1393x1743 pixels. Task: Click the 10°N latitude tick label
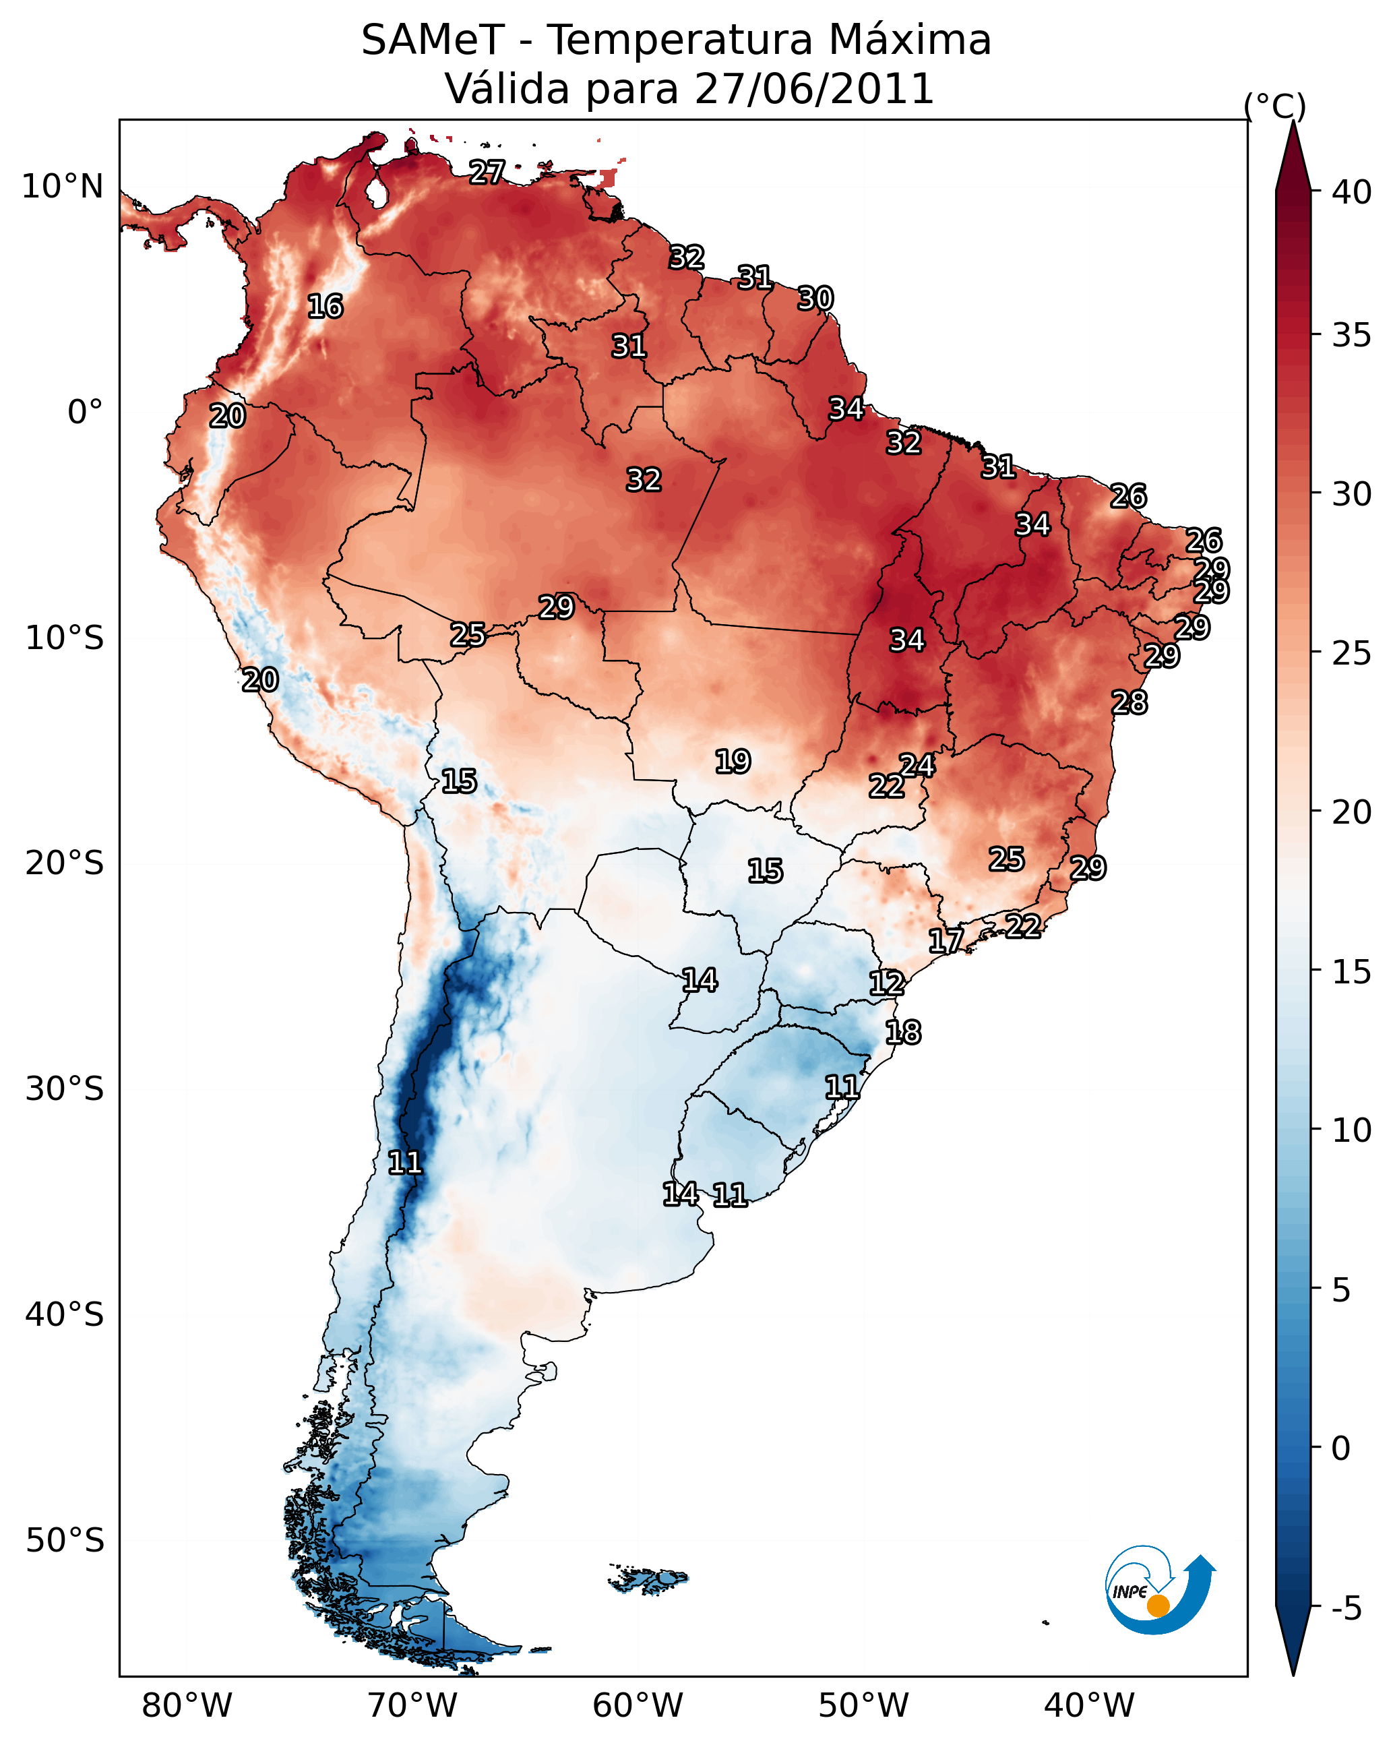[x=62, y=187]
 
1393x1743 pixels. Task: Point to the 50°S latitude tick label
[x=65, y=1541]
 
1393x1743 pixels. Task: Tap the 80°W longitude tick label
[x=187, y=1706]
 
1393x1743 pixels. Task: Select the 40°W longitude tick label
[x=1089, y=1706]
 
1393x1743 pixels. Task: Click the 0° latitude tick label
[x=85, y=412]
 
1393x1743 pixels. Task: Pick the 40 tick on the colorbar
[x=1351, y=192]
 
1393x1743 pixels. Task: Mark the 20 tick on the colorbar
[x=1351, y=812]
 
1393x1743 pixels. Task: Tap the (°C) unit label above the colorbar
[x=1274, y=106]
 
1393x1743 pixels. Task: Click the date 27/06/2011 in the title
[x=813, y=89]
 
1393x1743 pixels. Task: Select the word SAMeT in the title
[x=433, y=40]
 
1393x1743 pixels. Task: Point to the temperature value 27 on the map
[x=487, y=172]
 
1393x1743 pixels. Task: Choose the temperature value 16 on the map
[x=325, y=307]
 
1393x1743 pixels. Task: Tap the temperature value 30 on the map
[x=815, y=299]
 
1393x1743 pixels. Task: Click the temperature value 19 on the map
[x=733, y=762]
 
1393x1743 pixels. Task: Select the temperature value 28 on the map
[x=1129, y=702]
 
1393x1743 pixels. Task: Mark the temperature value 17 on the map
[x=945, y=940]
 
